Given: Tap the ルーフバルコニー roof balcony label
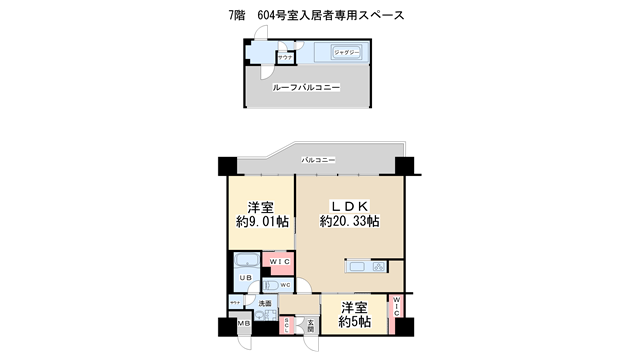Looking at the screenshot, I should (307, 88).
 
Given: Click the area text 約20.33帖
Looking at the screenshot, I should (349, 221).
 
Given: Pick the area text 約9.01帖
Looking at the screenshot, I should (262, 221).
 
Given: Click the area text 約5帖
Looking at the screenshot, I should (354, 322).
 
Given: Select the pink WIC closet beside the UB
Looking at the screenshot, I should (278, 263).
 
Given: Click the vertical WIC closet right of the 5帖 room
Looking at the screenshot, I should (396, 313).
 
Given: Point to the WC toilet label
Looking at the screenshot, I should (284, 285).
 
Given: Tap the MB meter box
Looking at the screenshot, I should (243, 325).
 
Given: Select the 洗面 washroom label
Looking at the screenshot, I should (266, 303).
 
